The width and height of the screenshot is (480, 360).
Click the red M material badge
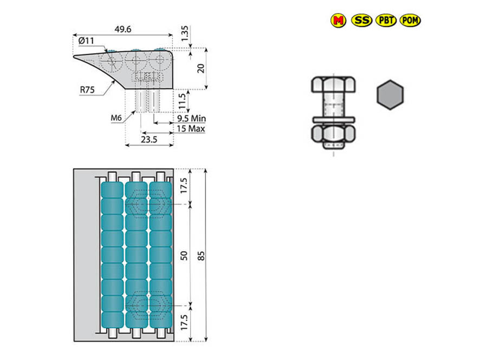(338, 20)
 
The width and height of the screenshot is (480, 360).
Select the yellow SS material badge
(361, 20)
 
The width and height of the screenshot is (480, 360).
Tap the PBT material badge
(386, 20)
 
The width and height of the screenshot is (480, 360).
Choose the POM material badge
(410, 20)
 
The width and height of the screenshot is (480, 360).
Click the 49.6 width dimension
(123, 29)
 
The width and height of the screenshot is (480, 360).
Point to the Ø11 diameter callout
(86, 41)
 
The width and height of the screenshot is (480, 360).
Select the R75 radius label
(87, 90)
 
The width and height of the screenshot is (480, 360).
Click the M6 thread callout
(116, 118)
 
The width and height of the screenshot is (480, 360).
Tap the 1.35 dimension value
(185, 34)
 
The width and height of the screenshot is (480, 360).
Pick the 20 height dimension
(201, 68)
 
